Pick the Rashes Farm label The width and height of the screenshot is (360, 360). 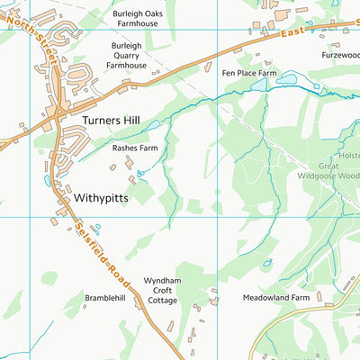[x=135, y=148]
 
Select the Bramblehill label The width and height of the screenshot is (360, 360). [x=105, y=296]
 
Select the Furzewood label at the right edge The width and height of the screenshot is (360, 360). [x=340, y=54]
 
